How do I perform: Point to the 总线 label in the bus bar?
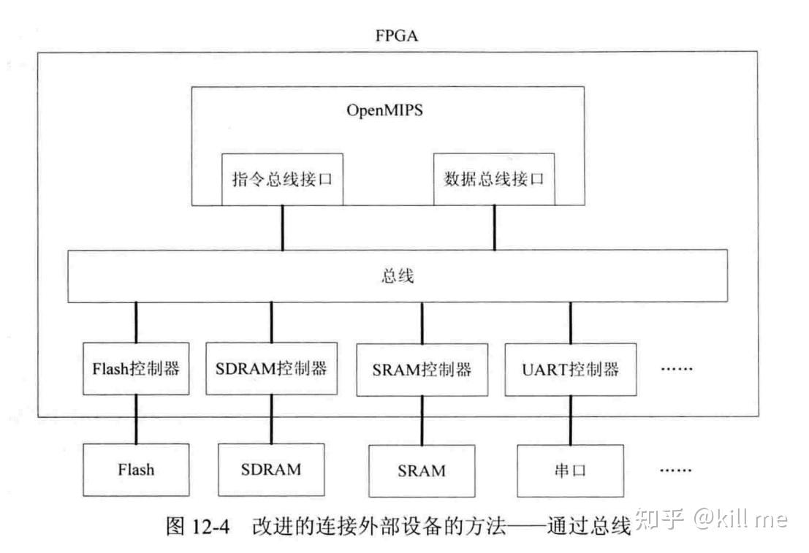(398, 276)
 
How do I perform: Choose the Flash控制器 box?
(137, 369)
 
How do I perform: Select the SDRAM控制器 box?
(270, 368)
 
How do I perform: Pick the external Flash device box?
(137, 469)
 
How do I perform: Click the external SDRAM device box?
(270, 469)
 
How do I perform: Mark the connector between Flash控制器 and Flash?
(137, 419)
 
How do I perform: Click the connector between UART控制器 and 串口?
(571, 421)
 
